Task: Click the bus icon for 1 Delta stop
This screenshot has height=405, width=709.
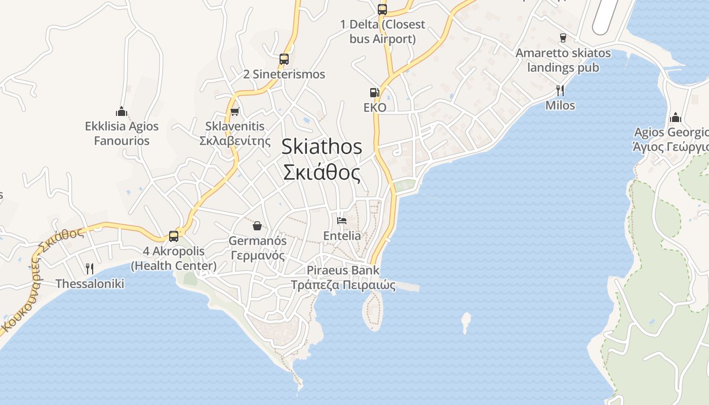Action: click(382, 9)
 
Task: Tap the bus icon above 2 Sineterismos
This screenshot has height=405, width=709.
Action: click(284, 59)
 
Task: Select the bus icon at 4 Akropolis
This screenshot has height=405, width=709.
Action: click(174, 236)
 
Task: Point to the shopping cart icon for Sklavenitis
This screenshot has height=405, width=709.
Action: click(234, 111)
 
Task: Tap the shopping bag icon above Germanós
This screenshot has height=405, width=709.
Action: click(257, 225)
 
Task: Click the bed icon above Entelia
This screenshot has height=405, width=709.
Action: click(342, 221)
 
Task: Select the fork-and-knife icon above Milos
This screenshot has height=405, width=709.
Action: click(560, 90)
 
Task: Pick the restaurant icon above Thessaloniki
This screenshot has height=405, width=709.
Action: click(90, 268)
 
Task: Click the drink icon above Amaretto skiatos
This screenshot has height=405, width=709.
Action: click(563, 37)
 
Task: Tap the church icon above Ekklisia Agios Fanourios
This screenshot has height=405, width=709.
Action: click(122, 111)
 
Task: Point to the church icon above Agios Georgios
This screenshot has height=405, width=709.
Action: click(675, 118)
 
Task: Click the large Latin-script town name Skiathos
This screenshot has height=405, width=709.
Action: click(322, 147)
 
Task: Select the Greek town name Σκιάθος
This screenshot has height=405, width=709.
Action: click(322, 173)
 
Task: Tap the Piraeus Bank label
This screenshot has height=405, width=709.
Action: click(343, 270)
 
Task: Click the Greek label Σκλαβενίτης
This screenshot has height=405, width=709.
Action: click(235, 140)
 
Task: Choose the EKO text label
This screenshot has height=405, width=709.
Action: click(375, 107)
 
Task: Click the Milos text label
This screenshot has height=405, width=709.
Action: click(560, 105)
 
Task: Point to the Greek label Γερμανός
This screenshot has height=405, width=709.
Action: click(257, 255)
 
